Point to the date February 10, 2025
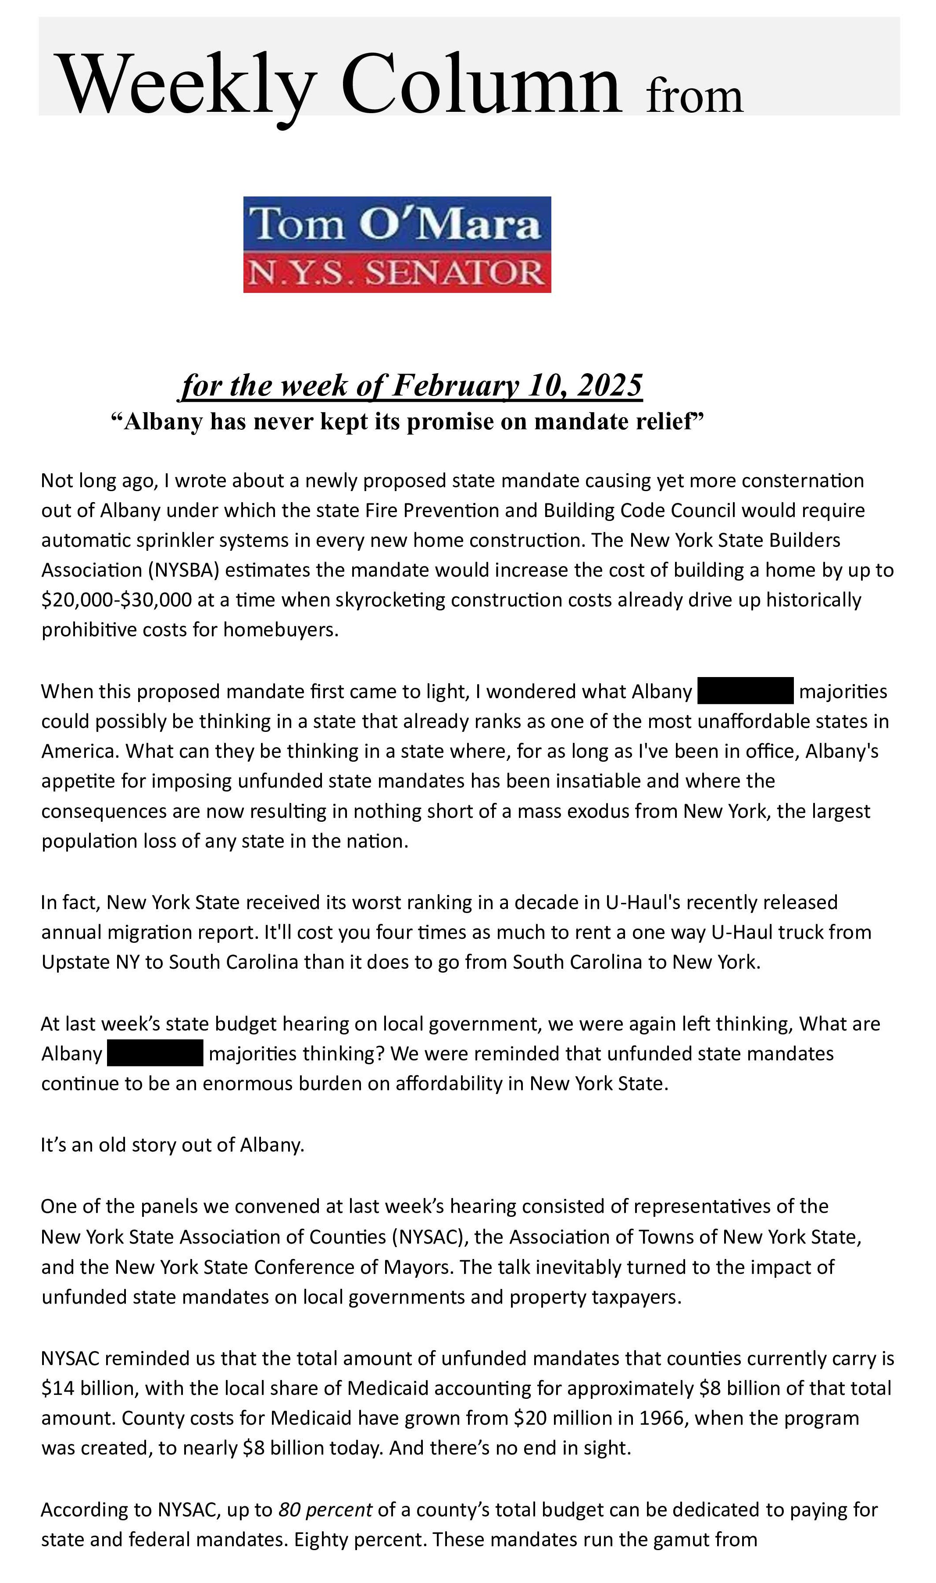tap(517, 385)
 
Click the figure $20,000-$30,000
tap(117, 599)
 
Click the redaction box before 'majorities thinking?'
tap(155, 1053)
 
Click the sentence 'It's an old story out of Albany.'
tap(172, 1145)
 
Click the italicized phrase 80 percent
tap(325, 1510)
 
